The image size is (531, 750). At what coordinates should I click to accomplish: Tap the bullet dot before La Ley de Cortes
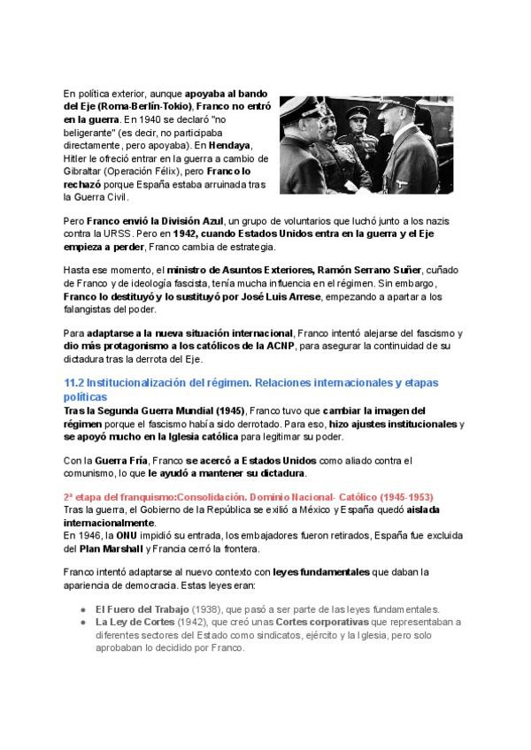pyautogui.click(x=81, y=623)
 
